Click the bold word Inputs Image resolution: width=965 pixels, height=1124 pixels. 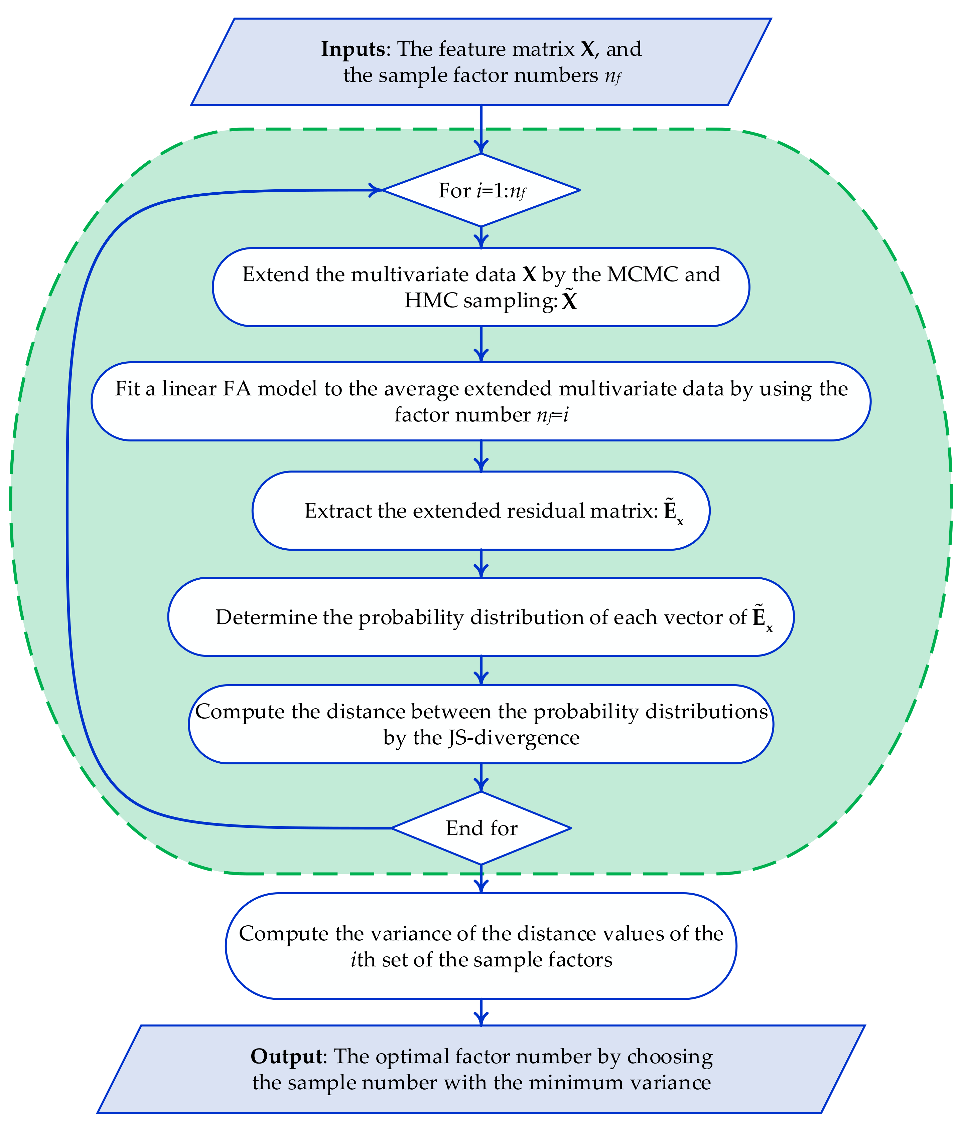point(353,49)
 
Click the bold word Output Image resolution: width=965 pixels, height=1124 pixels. point(287,1056)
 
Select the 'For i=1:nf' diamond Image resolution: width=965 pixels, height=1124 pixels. point(481,190)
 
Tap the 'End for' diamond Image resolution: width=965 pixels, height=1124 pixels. point(481,828)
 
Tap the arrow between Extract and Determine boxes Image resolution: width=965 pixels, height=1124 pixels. point(481,564)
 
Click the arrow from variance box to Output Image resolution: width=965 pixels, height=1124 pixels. point(481,1012)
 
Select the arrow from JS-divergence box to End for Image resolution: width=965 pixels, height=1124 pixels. point(481,777)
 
